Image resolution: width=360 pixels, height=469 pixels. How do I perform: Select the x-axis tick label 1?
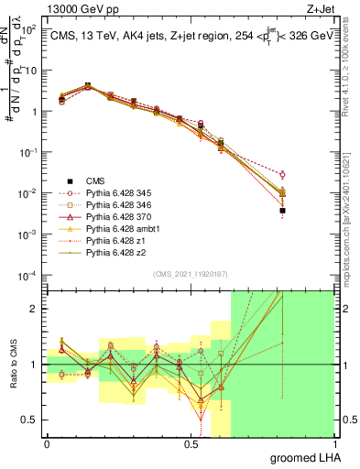coord(334,444)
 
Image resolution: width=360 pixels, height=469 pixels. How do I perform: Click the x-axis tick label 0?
coord(47,444)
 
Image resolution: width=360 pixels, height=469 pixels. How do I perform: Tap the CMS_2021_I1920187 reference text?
coord(190,274)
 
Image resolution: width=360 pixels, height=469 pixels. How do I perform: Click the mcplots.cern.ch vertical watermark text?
coord(351,211)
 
